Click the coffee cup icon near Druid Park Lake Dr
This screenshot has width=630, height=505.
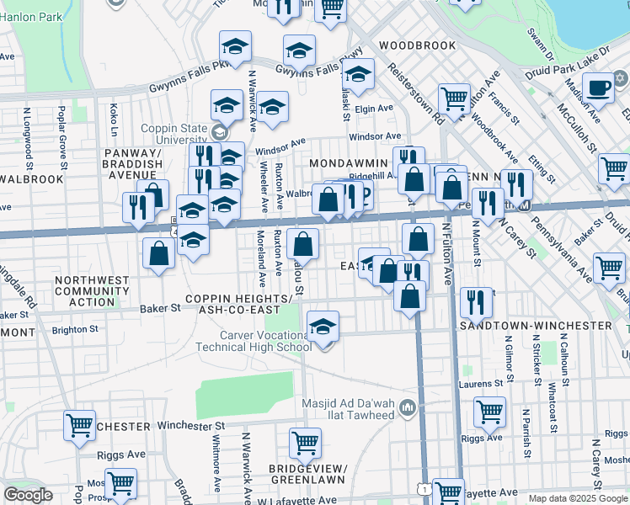599,87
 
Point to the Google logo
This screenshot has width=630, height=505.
28,495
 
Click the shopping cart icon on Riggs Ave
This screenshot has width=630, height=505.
489,412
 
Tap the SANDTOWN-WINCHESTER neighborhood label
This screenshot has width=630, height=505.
547,324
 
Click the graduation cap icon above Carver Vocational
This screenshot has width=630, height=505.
323,326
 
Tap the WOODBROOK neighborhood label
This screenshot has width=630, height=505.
410,45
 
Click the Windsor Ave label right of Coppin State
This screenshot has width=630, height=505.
375,136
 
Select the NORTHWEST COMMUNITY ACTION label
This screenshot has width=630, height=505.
93,291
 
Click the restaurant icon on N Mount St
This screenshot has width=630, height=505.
477,303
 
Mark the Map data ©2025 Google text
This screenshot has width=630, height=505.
578,498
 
